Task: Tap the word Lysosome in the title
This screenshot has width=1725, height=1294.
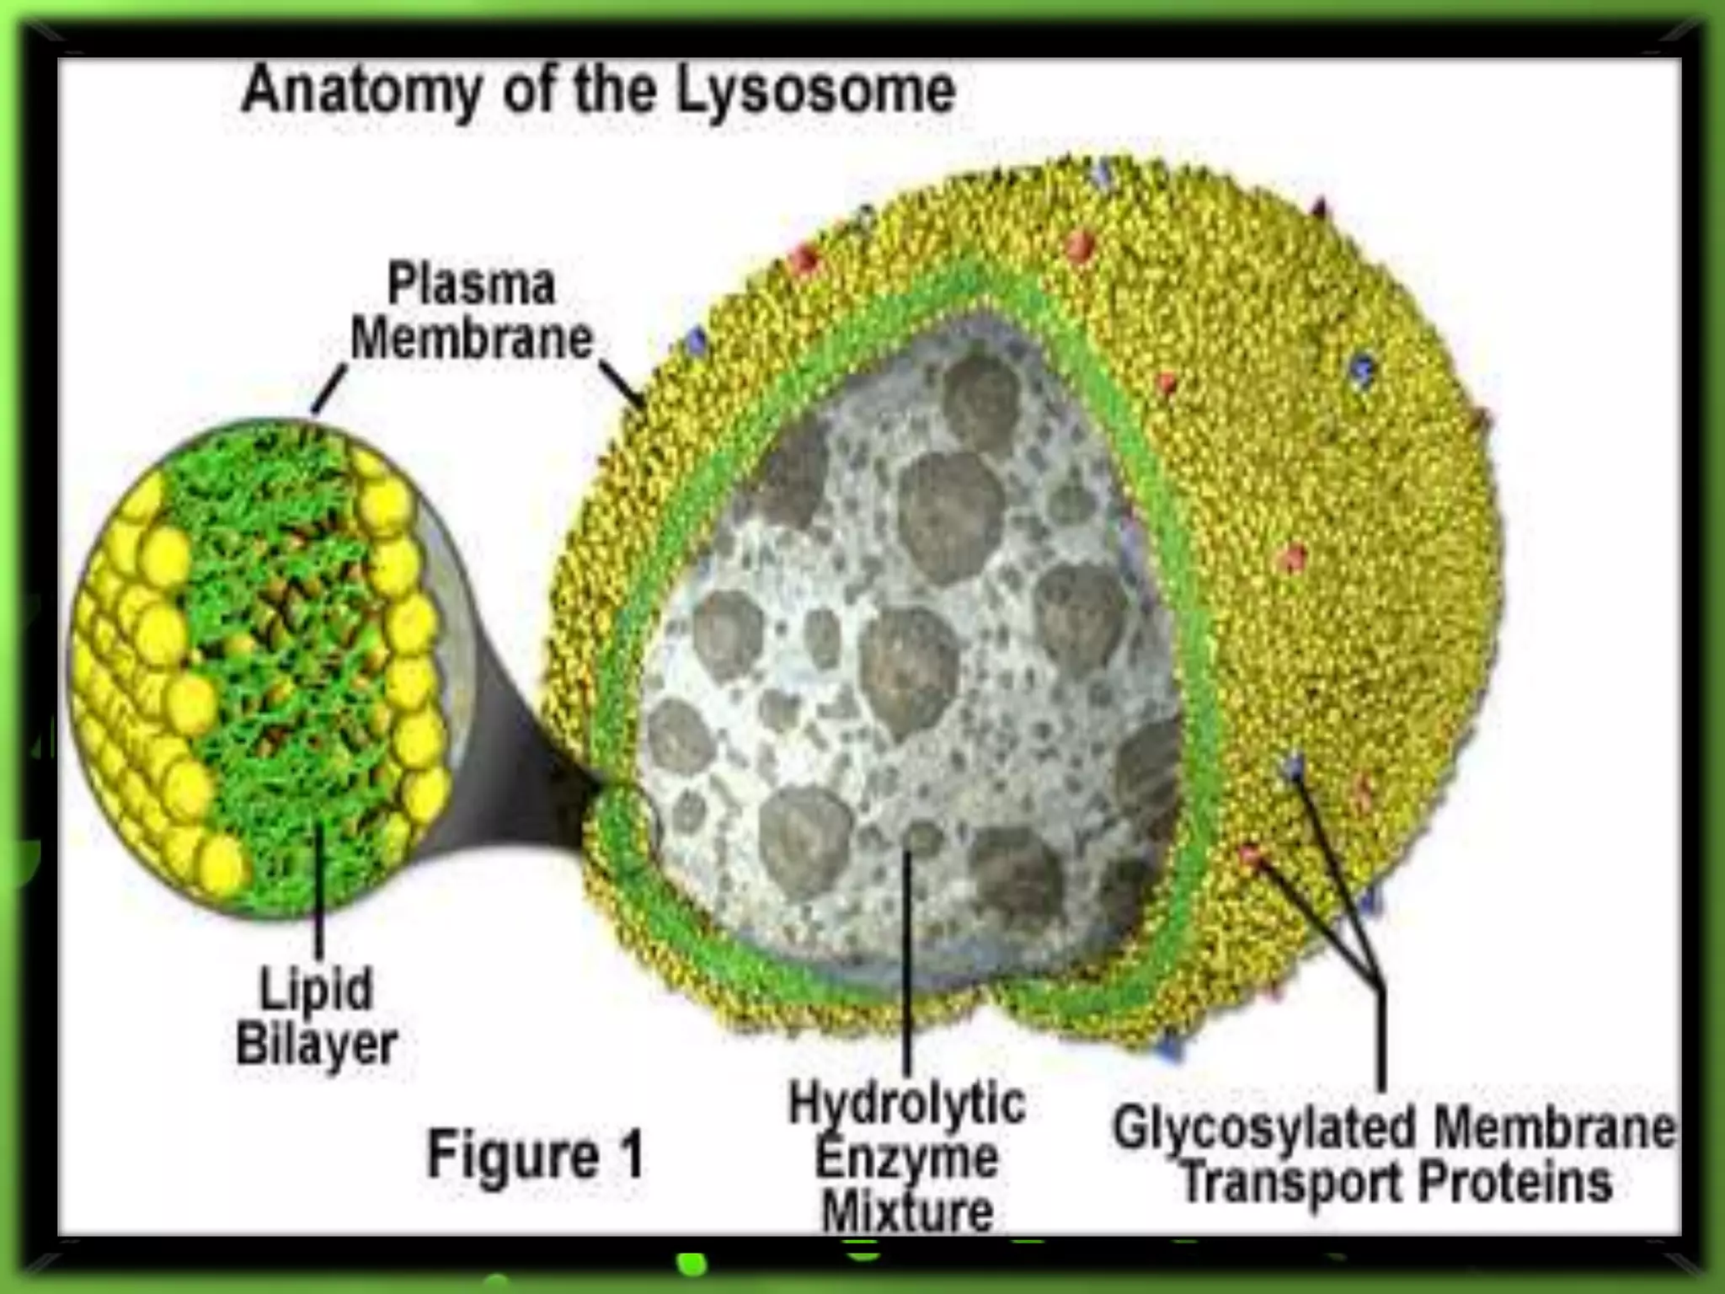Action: coord(815,91)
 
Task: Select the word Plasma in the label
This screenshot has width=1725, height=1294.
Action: coord(471,284)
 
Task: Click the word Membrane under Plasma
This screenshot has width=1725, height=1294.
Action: coord(472,339)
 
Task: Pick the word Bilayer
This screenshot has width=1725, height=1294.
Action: coord(317,1045)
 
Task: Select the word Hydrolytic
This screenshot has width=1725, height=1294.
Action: coord(907,1104)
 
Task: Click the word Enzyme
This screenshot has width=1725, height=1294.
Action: coord(906,1158)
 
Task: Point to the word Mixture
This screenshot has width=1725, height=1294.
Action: coord(907,1211)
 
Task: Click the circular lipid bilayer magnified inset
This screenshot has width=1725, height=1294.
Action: coord(261,666)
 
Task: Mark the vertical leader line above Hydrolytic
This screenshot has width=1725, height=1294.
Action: coord(907,960)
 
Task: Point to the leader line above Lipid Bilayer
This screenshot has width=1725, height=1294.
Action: coord(320,893)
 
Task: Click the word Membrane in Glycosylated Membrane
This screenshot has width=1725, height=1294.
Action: coord(1555,1129)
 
